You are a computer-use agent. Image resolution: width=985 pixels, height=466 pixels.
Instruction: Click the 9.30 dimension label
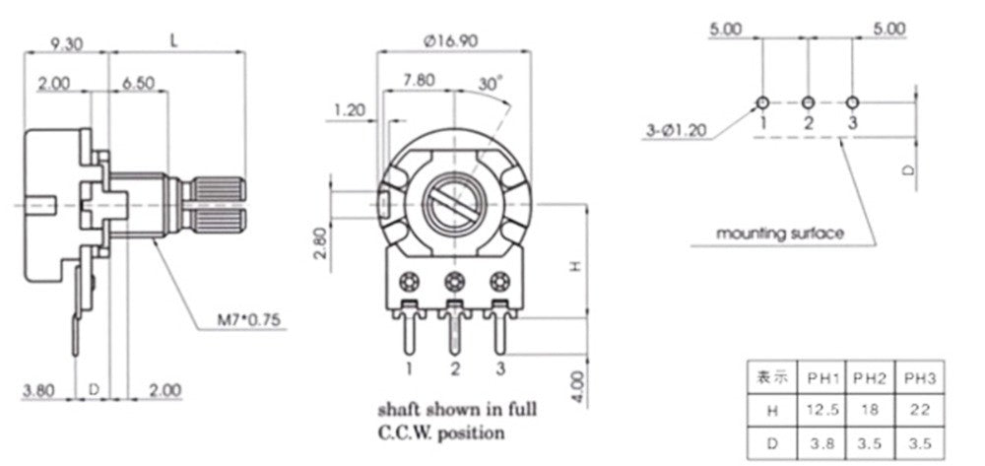(x=66, y=44)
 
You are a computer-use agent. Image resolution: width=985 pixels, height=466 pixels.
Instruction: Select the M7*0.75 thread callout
(x=250, y=320)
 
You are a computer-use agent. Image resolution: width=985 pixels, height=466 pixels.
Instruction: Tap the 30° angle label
(x=491, y=83)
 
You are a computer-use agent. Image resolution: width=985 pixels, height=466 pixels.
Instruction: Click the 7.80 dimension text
(x=418, y=81)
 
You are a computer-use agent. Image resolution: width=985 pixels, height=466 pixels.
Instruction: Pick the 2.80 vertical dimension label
(x=319, y=242)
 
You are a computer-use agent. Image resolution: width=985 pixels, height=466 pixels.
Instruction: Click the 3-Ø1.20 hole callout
(x=676, y=131)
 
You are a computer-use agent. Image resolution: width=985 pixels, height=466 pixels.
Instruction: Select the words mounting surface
(x=779, y=233)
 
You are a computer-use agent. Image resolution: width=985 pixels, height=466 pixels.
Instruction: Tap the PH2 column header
(x=870, y=378)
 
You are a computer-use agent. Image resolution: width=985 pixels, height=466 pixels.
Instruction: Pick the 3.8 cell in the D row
(x=822, y=443)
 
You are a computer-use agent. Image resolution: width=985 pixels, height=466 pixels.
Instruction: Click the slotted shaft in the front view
(x=454, y=204)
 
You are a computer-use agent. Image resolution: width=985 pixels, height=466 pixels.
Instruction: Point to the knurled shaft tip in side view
(x=218, y=204)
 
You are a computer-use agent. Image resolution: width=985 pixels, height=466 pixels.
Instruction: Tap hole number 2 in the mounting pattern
(x=808, y=102)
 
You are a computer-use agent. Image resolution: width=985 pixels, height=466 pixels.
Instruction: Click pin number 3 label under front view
(x=500, y=369)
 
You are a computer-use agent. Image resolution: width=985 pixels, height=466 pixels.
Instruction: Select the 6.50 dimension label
(x=138, y=84)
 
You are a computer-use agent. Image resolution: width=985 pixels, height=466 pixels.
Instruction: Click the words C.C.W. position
(x=441, y=433)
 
